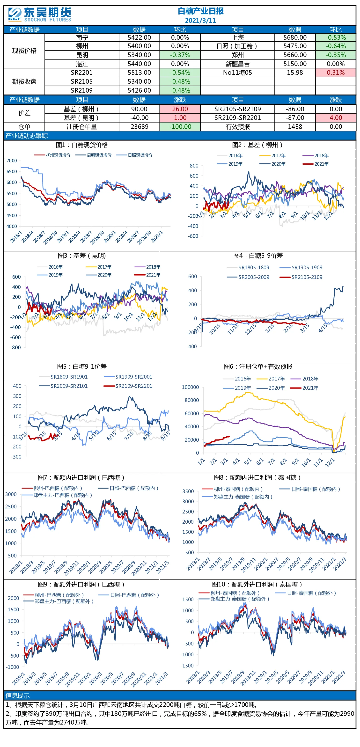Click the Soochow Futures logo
40,15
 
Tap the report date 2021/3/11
200,21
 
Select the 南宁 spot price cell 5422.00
139,38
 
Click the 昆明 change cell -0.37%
180,55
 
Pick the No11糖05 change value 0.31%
336,73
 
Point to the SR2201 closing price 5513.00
139,73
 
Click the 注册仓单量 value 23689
139,127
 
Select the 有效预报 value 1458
295,127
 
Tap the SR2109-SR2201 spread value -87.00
295,118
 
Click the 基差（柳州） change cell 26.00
180,109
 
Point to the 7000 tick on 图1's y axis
12,161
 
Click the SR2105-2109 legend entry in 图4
301,277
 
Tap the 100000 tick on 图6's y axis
190,387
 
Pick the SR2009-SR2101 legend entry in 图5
63,386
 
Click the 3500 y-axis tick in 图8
188,491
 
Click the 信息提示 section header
17,695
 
